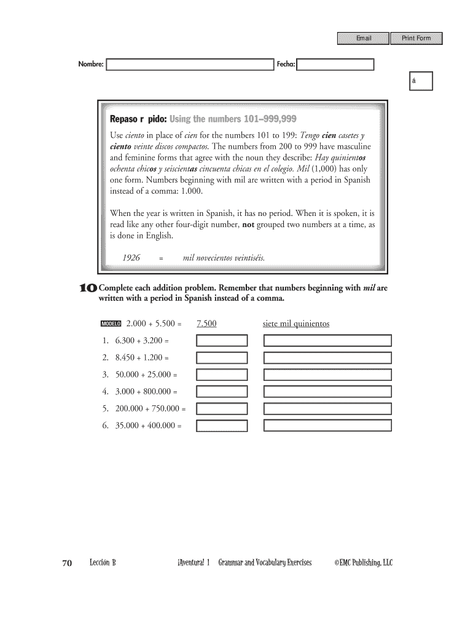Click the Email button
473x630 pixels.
pos(364,39)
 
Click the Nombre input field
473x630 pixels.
pos(190,65)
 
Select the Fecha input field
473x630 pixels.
pos(335,65)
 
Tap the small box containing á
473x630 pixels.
pos(422,81)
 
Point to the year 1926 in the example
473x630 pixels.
pos(131,258)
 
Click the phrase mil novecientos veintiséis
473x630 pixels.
pos(224,258)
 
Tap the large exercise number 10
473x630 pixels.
pos(88,288)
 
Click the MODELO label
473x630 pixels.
pos(111,324)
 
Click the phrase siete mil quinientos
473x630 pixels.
pos(296,324)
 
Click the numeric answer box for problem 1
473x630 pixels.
pos(222,341)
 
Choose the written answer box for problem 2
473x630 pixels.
pos(327,358)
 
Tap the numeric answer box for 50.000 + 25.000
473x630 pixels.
pos(222,375)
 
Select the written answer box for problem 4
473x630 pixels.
pos(327,391)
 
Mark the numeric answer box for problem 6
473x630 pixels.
pos(222,425)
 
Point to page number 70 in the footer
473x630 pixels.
pos(68,562)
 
